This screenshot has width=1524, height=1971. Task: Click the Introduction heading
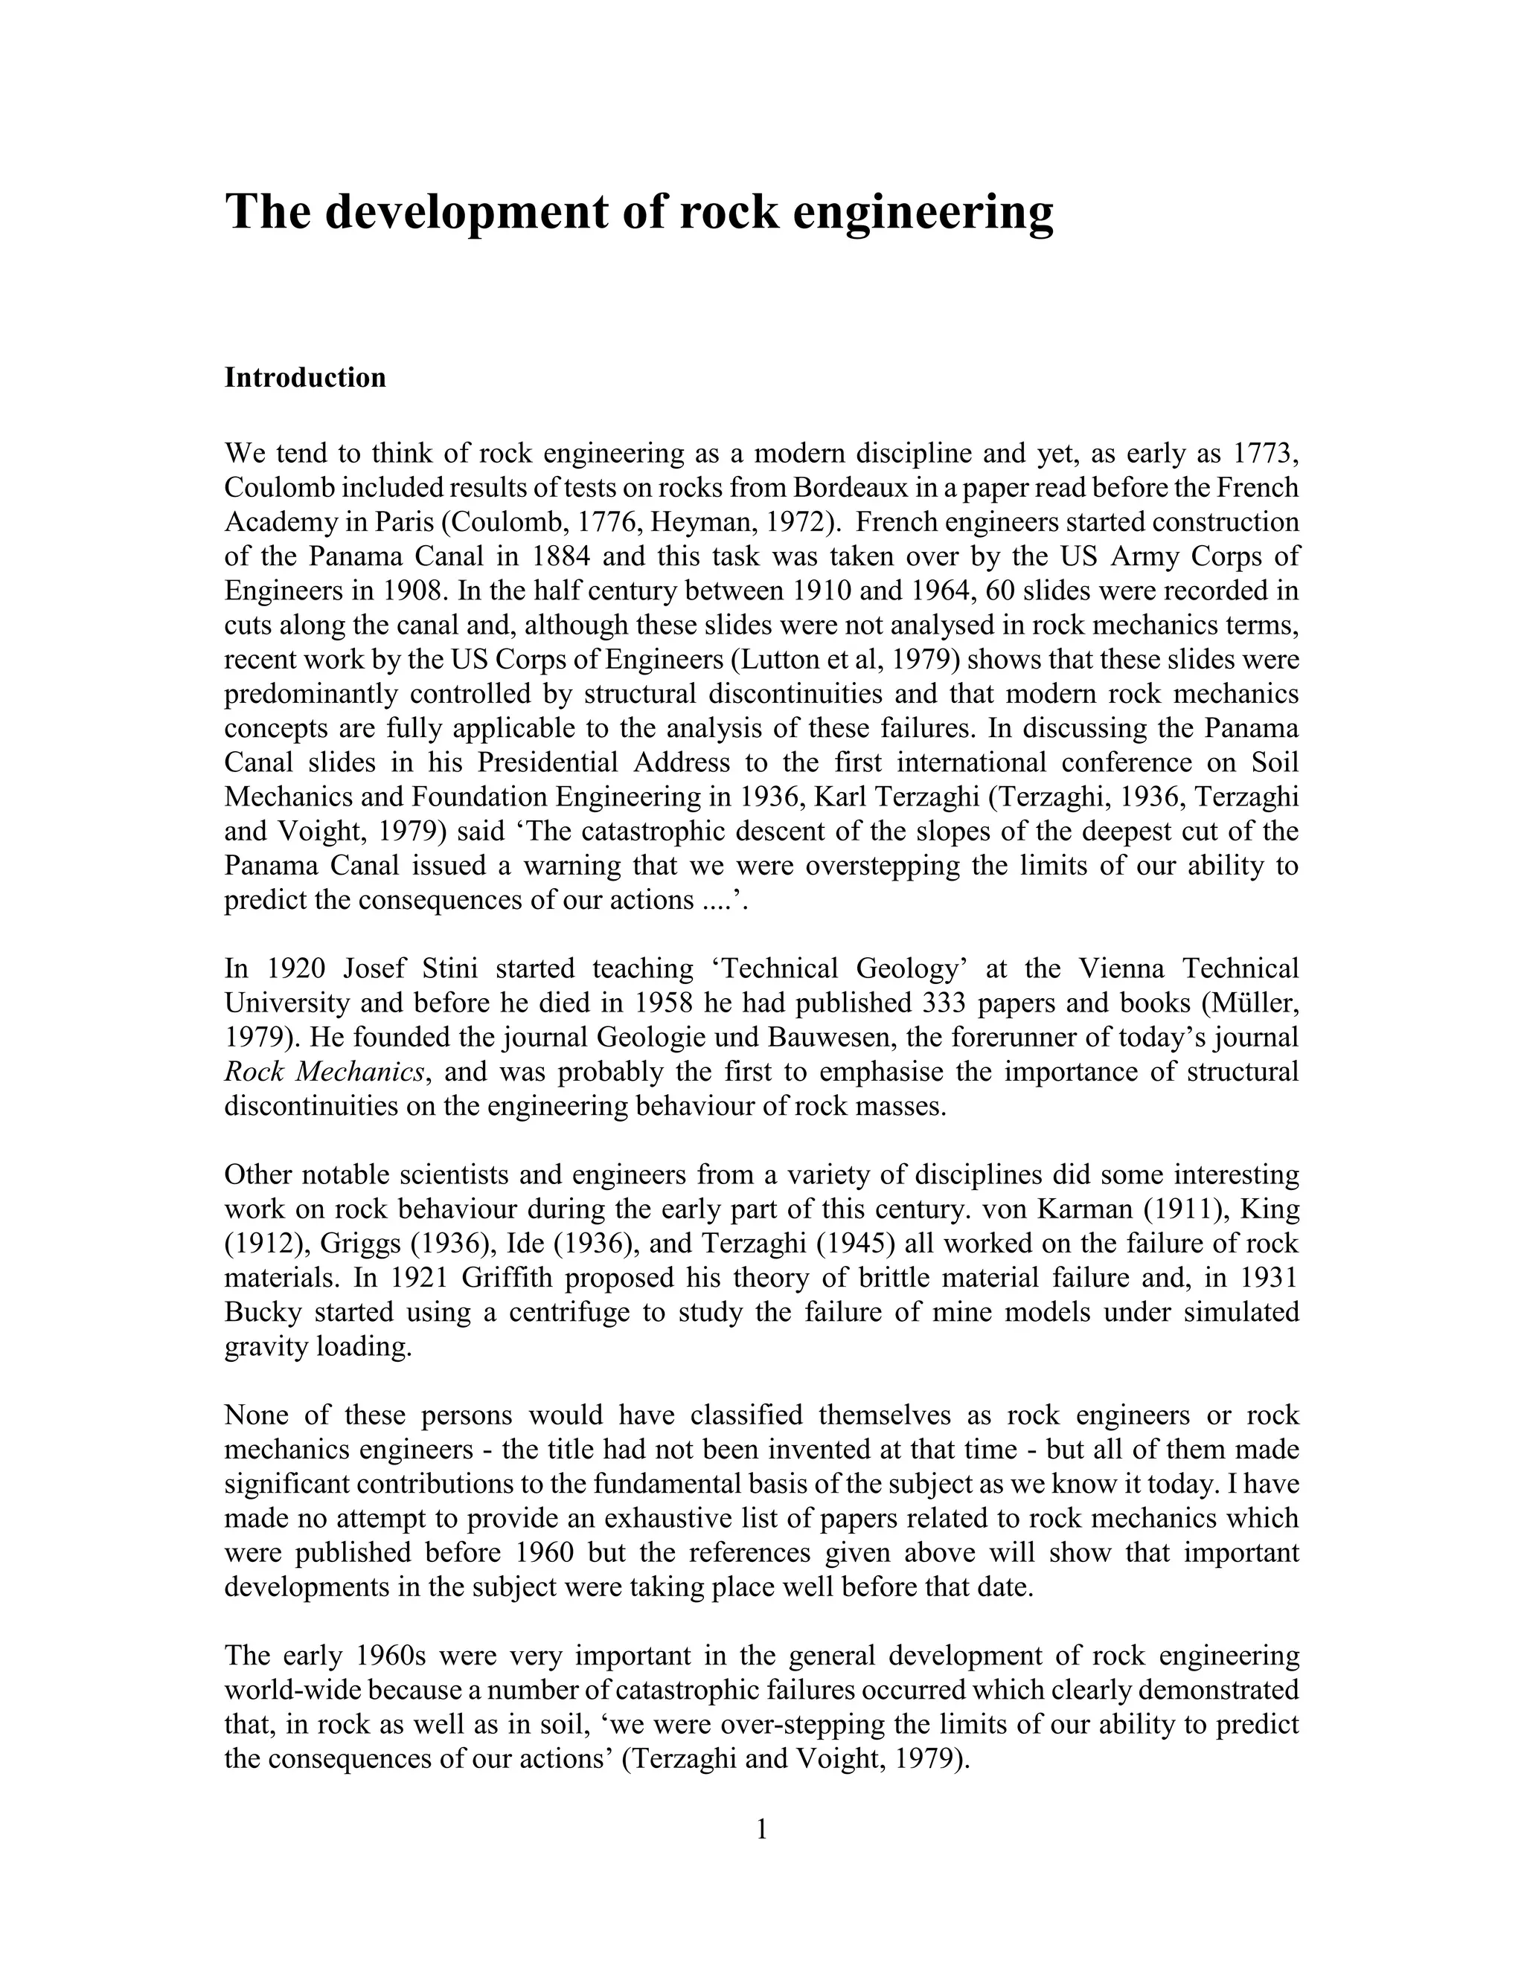pyautogui.click(x=304, y=377)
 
